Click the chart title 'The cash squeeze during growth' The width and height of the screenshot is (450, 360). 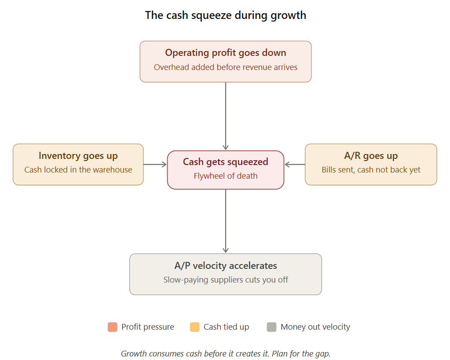(225, 15)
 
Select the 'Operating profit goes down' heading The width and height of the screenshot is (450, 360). (225, 53)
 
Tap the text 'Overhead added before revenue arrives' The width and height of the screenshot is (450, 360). (225, 67)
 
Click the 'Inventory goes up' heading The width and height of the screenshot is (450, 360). (78, 156)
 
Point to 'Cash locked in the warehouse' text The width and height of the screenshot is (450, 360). (78, 170)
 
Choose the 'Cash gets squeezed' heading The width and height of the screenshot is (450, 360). (225, 162)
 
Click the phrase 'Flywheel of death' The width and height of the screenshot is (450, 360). (225, 176)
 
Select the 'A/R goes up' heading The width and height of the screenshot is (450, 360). (371, 156)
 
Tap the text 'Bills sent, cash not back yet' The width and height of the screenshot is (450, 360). (371, 170)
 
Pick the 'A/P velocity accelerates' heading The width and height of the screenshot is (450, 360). (225, 266)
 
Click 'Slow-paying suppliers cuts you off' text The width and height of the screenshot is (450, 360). (225, 280)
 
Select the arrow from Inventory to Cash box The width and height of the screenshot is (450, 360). (155, 165)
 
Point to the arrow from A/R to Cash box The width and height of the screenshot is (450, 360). (295, 165)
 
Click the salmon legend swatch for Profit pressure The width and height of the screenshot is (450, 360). (112, 327)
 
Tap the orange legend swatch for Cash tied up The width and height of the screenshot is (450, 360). (194, 327)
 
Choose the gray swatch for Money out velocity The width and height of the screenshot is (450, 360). (271, 327)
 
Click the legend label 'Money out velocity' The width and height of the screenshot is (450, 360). (315, 327)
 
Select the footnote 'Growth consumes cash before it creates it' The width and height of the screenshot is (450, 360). (225, 353)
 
